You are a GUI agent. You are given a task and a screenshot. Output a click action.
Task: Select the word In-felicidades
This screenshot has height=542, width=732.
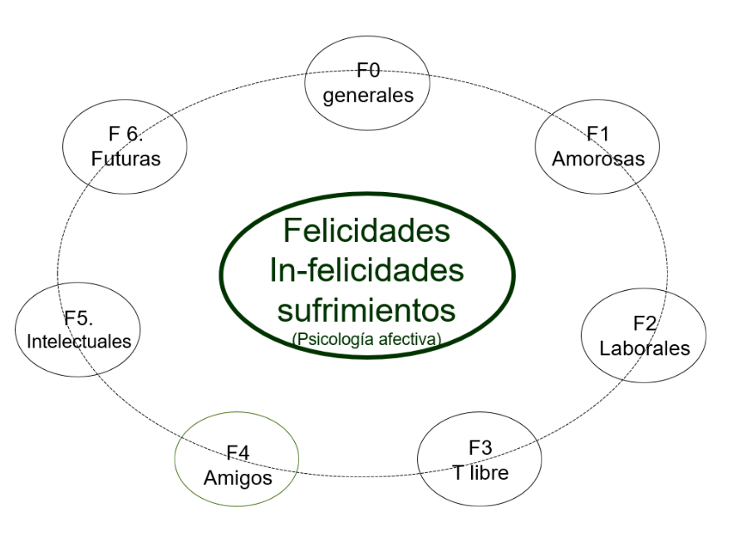tap(366, 270)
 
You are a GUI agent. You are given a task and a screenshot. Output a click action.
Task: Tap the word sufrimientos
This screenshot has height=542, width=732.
tap(366, 310)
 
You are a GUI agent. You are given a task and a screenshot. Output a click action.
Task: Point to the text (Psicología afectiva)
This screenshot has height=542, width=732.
tap(366, 338)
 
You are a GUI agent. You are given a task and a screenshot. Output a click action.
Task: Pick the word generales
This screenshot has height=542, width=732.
tap(368, 95)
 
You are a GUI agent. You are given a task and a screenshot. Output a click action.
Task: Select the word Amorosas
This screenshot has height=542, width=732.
tap(598, 158)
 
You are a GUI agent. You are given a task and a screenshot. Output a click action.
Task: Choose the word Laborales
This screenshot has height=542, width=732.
tap(645, 347)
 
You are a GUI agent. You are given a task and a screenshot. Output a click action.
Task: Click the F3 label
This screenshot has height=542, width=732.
tap(480, 449)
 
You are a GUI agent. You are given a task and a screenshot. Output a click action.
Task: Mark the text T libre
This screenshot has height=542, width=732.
tap(480, 473)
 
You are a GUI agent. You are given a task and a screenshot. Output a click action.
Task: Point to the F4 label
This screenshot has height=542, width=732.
tap(238, 454)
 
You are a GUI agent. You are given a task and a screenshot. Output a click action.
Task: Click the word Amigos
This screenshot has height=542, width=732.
tap(238, 478)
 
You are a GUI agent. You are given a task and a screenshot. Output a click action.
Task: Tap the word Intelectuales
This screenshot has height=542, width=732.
tap(79, 341)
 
